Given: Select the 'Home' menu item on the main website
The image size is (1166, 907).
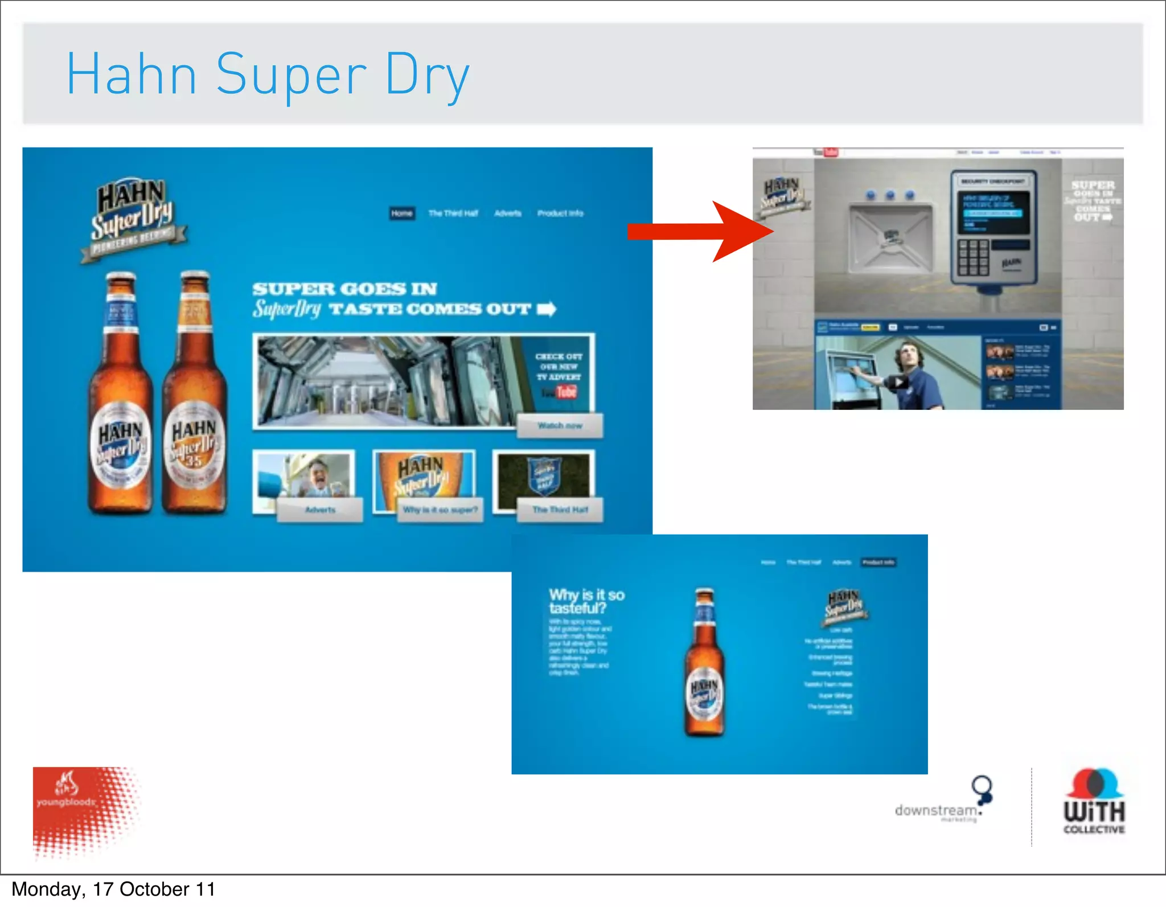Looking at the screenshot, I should pos(402,214).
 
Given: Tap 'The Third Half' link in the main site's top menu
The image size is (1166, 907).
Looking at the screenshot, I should pos(453,214).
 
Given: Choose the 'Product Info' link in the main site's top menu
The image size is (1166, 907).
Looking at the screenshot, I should pos(560,214).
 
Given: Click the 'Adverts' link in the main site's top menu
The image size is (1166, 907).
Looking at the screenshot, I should pos(508,214).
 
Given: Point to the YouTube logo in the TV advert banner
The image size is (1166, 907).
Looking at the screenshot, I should pos(560,392).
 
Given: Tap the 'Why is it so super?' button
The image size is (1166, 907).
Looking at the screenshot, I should pos(440,510).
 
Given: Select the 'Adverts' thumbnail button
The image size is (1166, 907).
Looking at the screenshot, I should pos(319,510).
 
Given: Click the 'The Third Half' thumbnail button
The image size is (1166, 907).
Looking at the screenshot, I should pos(560,510).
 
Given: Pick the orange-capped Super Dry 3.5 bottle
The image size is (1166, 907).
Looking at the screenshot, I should pos(194,393).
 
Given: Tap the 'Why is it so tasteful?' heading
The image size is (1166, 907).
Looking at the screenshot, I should pos(586,601).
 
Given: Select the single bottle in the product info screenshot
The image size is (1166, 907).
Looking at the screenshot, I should pos(704,663).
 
